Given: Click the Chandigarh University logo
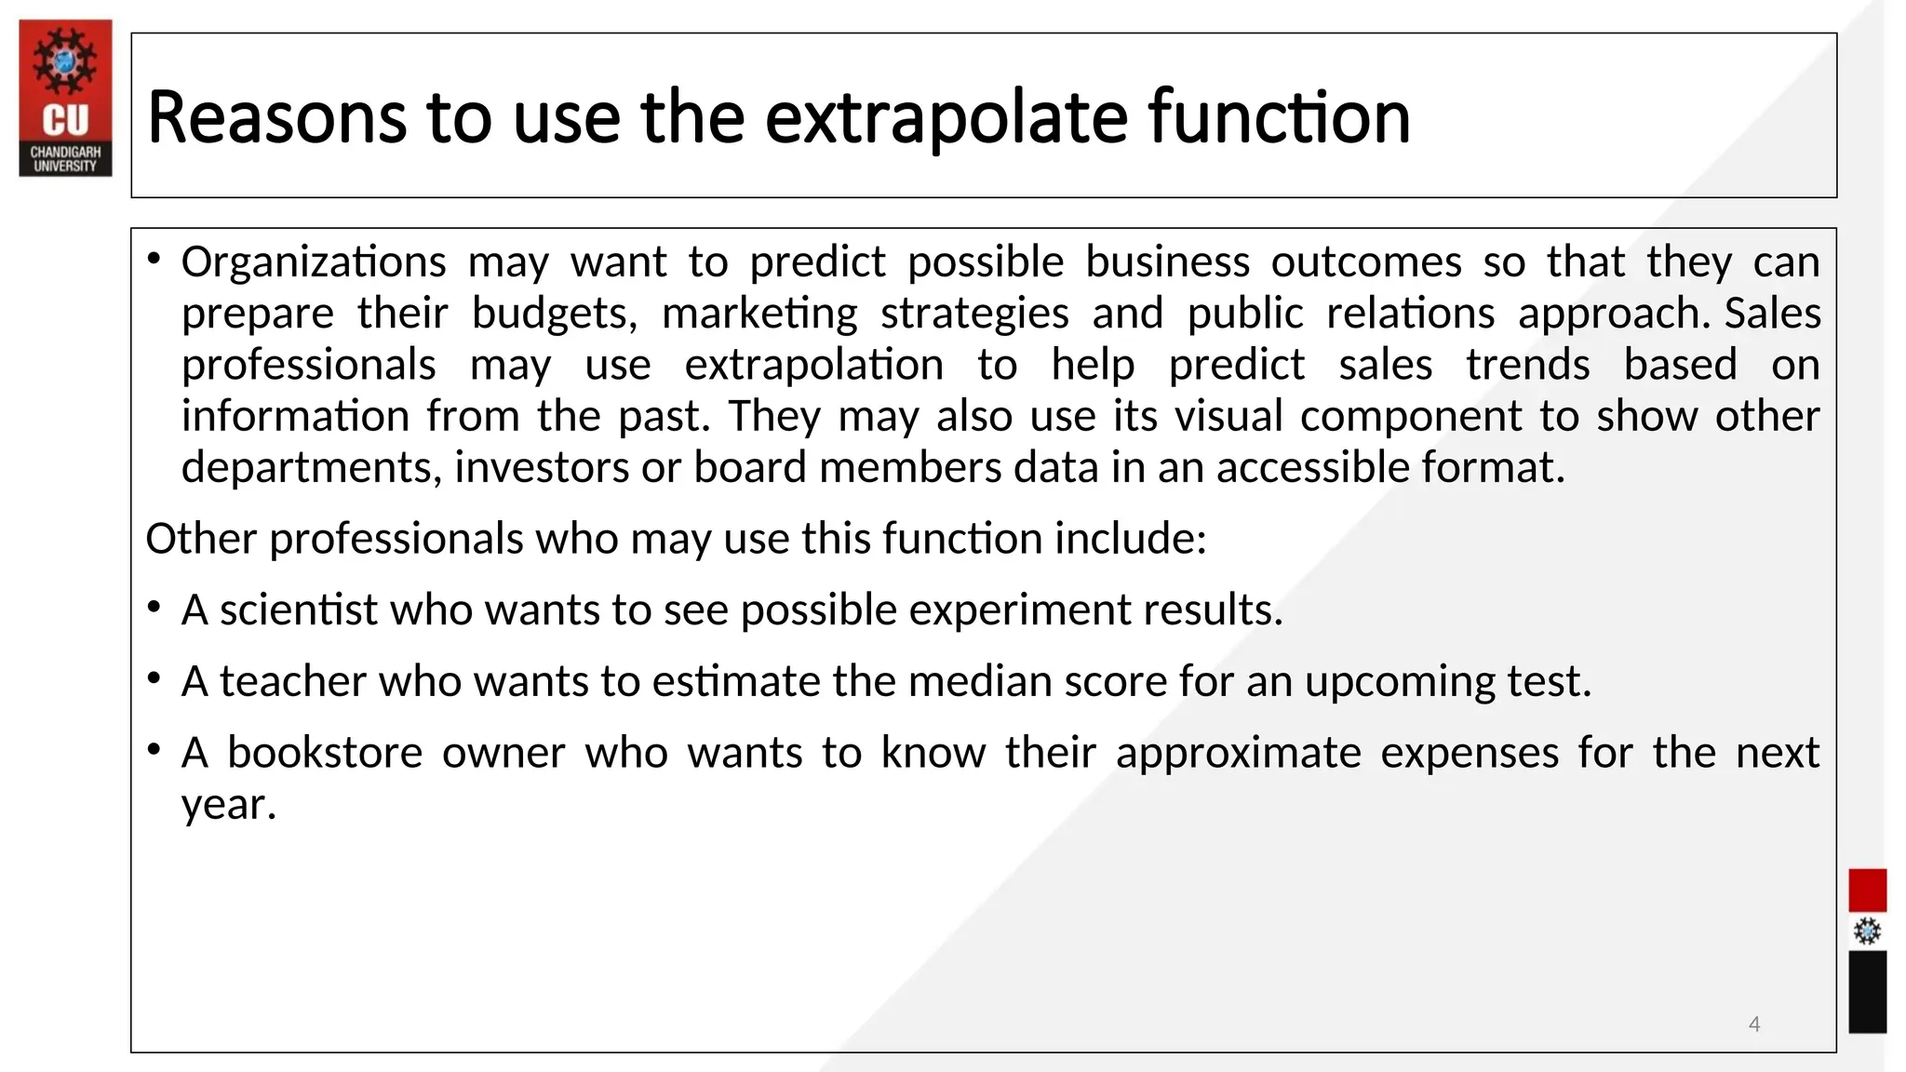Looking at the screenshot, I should pos(65,98).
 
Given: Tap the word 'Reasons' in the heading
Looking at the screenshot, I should pos(276,118).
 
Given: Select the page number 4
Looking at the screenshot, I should pos(1754,1025).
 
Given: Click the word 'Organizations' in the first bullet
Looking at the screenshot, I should pos(314,262).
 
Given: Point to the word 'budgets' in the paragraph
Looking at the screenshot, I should pos(554,314).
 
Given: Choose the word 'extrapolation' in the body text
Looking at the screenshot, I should pos(813,365).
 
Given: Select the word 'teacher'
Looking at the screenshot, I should pos(292,682).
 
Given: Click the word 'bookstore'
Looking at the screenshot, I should pos(325,753).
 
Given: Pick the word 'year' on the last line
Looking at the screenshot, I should pos(224,805).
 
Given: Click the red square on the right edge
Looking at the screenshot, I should pos(1867,891).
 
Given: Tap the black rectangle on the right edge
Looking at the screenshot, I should pos(1867,992).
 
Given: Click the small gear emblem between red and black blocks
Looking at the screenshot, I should pos(1867,931).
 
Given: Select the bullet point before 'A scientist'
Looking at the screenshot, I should pos(154,609).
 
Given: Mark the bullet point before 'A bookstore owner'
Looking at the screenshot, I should pos(154,750).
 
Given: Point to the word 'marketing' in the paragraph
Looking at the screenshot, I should pos(759,314).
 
